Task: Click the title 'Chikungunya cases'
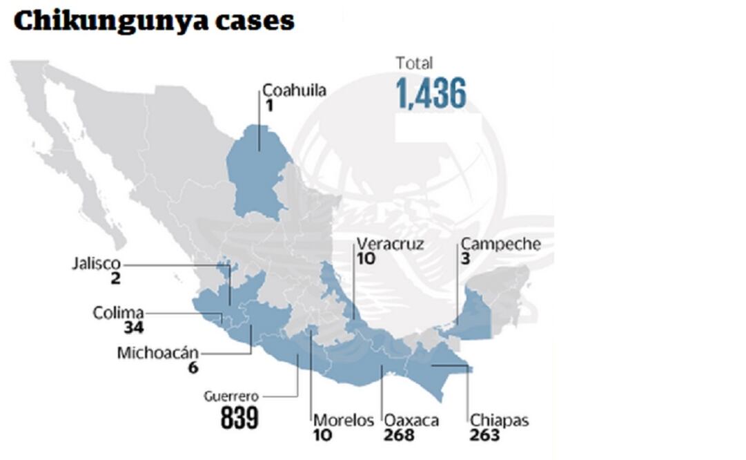point(153,21)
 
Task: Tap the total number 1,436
point(431,93)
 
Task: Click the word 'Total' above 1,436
point(414,64)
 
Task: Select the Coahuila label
point(294,91)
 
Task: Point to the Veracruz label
point(391,244)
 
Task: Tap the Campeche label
point(500,244)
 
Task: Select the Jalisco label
point(96,264)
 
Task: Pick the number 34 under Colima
point(134,327)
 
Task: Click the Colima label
point(118,313)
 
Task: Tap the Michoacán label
point(157,353)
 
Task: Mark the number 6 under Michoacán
point(193,367)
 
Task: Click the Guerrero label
point(231,396)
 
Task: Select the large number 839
point(239,418)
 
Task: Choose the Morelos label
point(344,421)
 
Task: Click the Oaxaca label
point(411,421)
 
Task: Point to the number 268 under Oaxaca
point(400,435)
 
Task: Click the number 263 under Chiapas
point(485,435)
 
